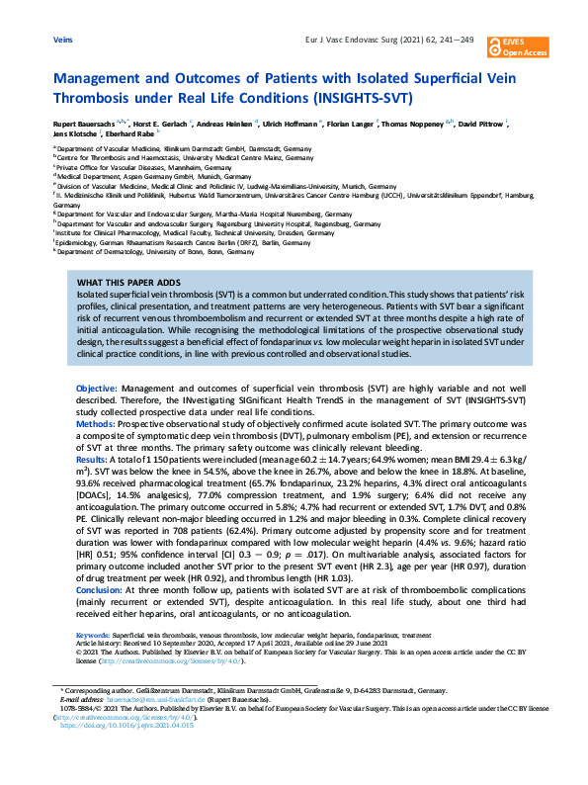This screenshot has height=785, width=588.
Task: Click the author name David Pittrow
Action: [x=478, y=125]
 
